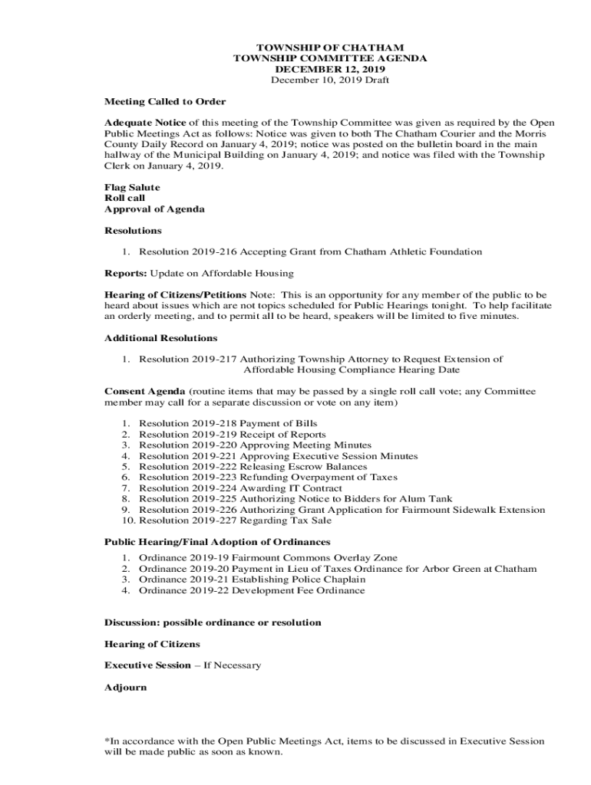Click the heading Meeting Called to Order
point(165,101)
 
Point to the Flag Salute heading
point(132,187)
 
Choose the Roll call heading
point(124,198)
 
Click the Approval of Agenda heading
point(154,209)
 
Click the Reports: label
point(125,273)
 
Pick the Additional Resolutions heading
point(160,337)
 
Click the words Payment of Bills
point(279,423)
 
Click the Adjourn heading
point(125,687)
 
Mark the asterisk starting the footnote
point(107,741)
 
